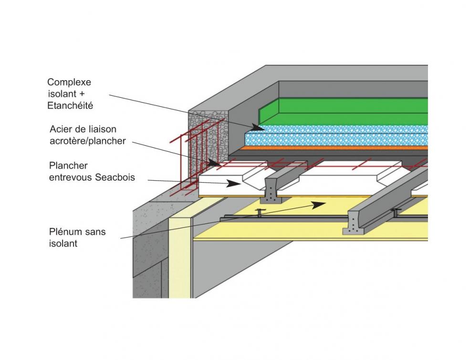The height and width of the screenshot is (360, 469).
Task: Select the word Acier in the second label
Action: coord(60,129)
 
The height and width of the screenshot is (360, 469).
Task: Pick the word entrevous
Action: coord(67,177)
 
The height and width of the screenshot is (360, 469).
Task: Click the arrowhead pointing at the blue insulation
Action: coord(258,127)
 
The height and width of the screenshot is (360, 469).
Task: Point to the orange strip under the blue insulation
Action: coord(334,148)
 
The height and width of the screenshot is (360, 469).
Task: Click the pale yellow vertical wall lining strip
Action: coord(180,257)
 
